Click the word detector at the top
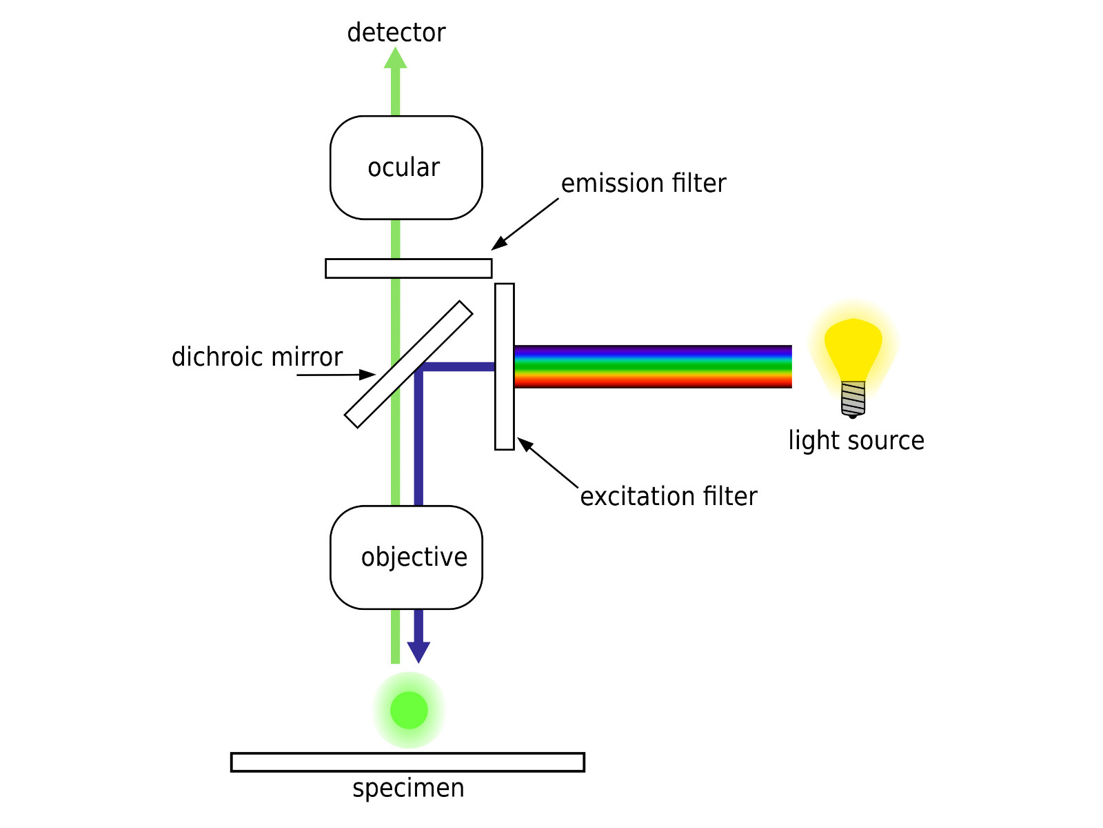396,33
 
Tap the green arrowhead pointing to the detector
395,58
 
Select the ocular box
406,168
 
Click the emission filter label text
643,184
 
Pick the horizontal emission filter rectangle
408,268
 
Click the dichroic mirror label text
257,357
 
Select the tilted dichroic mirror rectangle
409,364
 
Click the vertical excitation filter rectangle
505,366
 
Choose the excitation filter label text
668,497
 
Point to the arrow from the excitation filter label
548,463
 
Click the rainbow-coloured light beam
652,366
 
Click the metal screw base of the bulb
853,399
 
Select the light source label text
856,441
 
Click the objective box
406,558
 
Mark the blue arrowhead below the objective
418,651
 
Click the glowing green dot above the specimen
409,710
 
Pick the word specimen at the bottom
408,788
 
